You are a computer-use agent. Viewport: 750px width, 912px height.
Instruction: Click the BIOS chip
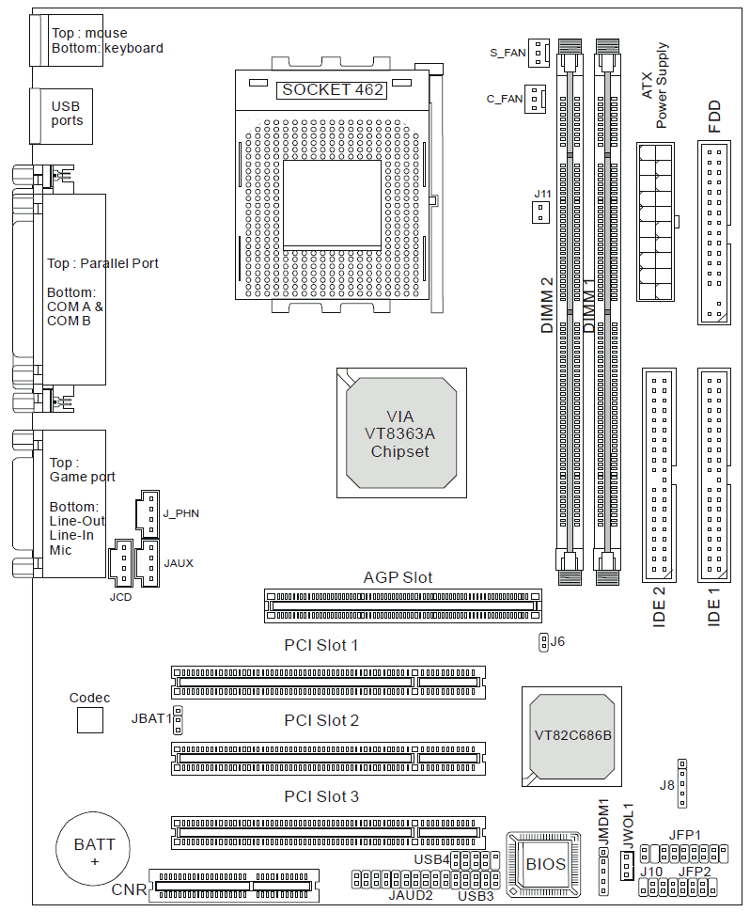545,863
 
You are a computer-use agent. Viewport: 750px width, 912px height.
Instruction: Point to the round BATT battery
94,851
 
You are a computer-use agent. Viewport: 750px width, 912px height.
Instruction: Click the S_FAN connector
538,53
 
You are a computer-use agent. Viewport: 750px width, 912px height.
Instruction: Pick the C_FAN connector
535,98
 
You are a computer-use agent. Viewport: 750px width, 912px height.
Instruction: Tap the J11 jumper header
540,212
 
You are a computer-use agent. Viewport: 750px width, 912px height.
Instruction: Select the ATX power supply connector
655,221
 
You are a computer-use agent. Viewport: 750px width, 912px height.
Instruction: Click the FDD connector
714,232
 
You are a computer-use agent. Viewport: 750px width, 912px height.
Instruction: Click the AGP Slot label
398,577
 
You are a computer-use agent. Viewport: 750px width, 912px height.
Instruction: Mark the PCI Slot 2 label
321,720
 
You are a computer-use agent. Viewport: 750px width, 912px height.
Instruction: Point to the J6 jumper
543,642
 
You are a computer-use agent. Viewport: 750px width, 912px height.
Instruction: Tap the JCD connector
119,563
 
